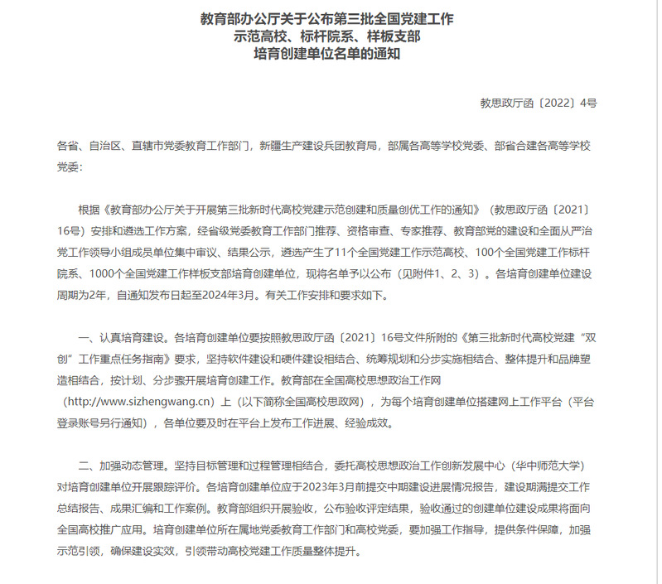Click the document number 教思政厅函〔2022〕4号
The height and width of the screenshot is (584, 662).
(539, 104)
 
